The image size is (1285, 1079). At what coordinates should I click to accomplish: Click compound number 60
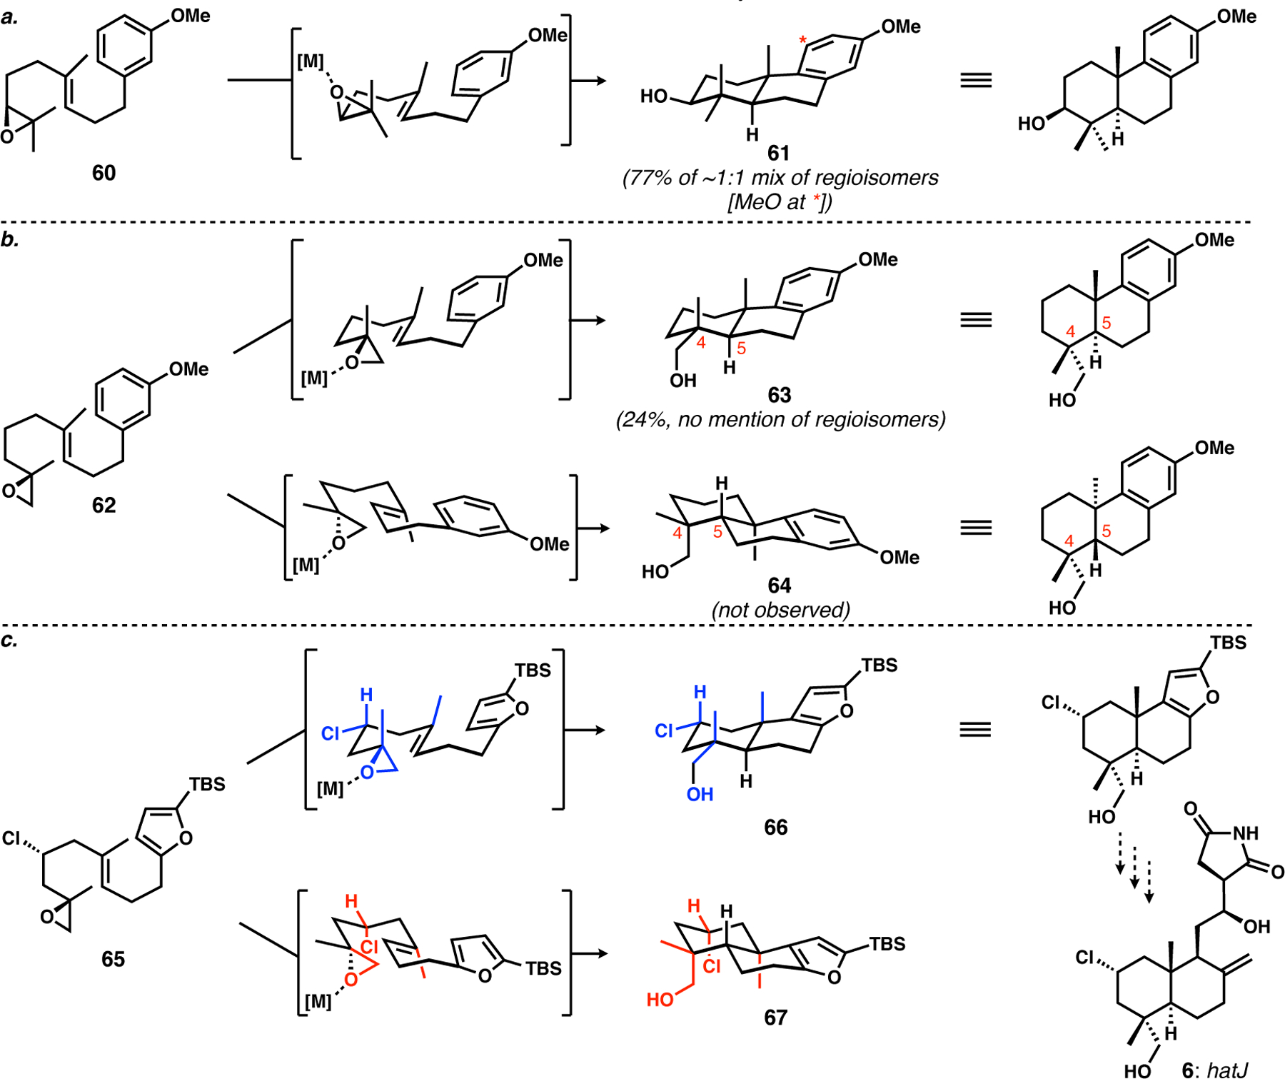(x=104, y=173)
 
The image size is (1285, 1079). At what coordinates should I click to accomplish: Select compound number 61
(x=778, y=153)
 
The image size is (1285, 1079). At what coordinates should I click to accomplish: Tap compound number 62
(x=104, y=505)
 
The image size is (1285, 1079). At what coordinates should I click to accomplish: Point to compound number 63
(x=779, y=395)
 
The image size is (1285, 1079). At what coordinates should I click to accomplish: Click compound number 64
(x=779, y=586)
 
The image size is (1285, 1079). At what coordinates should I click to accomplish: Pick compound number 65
(x=113, y=958)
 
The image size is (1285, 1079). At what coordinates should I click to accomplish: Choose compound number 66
(x=775, y=827)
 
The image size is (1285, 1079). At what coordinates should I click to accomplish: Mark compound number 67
(x=775, y=1017)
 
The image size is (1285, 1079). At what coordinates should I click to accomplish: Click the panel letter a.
(x=10, y=17)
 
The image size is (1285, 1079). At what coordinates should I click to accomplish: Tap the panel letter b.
(x=10, y=239)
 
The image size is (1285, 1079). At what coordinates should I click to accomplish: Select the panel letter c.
(x=9, y=640)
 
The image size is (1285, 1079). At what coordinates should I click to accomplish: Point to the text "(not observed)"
(x=780, y=610)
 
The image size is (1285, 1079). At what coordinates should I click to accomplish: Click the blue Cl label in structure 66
(x=665, y=731)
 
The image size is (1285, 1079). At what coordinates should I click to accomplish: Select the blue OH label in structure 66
(x=700, y=794)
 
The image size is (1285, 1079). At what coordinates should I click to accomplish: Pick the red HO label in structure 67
(x=660, y=1000)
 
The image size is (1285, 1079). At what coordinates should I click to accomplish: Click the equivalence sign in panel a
(x=976, y=80)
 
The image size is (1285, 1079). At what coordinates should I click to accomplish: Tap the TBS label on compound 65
(x=207, y=784)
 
